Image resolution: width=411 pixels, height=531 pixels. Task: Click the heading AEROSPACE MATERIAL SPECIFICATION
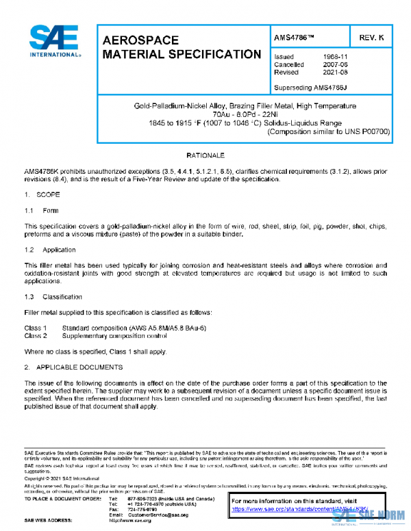click(x=181, y=47)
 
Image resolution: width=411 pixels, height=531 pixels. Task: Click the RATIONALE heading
click(x=205, y=156)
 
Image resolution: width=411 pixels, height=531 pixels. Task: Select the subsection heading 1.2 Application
click(x=49, y=250)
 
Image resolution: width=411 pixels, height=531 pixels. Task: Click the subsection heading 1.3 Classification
click(x=53, y=297)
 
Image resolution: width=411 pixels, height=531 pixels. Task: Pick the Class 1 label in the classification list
click(x=36, y=328)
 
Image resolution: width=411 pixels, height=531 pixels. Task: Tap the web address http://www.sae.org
click(x=130, y=521)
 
